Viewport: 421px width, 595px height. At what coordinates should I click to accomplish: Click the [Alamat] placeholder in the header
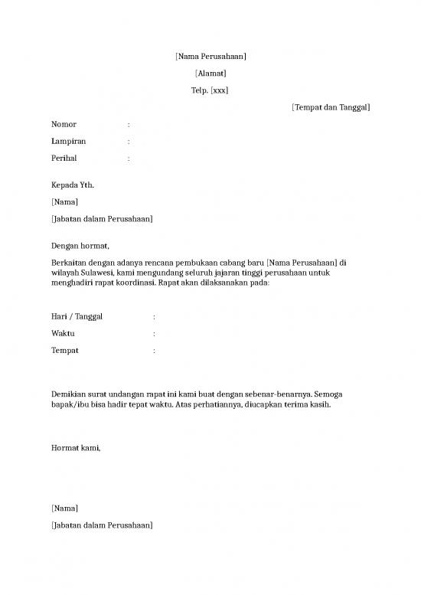(x=210, y=74)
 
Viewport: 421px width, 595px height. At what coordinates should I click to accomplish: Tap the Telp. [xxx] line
(x=210, y=90)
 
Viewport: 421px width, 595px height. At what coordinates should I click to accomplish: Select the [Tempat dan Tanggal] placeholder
(x=331, y=108)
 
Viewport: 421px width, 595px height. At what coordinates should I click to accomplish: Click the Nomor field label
(x=64, y=124)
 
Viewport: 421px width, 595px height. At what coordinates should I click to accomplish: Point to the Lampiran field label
(x=68, y=142)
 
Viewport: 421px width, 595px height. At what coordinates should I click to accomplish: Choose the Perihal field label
(x=65, y=159)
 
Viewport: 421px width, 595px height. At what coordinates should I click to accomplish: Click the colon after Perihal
(x=129, y=159)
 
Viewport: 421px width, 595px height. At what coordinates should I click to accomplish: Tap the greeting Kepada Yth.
(x=73, y=185)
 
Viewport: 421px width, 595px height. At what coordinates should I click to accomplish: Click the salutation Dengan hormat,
(x=80, y=246)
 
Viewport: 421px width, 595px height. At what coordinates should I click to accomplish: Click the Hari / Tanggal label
(x=77, y=317)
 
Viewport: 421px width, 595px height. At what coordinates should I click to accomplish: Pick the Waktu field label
(x=64, y=334)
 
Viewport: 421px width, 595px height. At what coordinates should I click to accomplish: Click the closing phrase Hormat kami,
(x=76, y=449)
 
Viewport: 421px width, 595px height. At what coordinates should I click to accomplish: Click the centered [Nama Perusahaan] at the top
(x=210, y=57)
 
